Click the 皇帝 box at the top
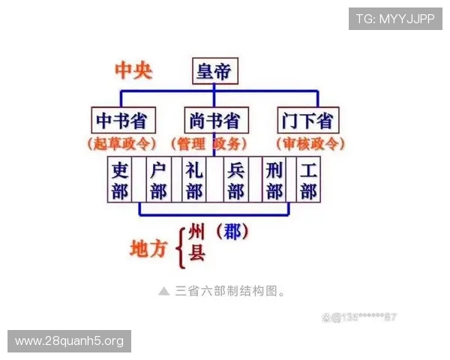[x=214, y=71]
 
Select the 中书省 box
[x=121, y=120]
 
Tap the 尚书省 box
[x=214, y=120]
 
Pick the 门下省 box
[x=307, y=120]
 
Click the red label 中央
[x=133, y=71]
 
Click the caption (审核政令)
[x=310, y=143]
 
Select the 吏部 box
[x=120, y=179]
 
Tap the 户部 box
[x=157, y=179]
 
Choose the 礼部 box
[x=194, y=179]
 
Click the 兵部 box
[x=235, y=179]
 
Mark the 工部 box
[x=307, y=179]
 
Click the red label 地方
[x=148, y=248]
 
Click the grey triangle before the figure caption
[x=164, y=290]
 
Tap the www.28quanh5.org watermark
[x=69, y=341]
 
